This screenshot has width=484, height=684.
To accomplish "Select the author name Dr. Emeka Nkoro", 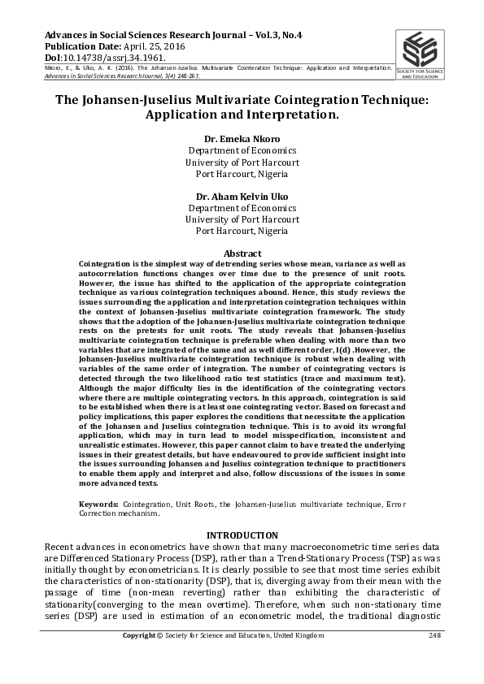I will pos(242,138).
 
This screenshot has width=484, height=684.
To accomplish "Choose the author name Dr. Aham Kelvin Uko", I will pos(242,196).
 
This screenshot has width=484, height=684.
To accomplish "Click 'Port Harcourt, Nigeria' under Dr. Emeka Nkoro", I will pos(242,173).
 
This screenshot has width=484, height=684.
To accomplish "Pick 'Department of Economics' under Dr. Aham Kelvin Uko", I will pos(242,207).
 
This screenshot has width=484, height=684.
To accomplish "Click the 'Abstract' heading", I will pos(242,253).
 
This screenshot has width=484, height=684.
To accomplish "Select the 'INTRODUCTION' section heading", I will pos(242,535).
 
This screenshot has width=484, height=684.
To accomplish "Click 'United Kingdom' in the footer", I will pos(339,657).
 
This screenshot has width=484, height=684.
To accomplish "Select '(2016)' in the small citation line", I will pos(113,68).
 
